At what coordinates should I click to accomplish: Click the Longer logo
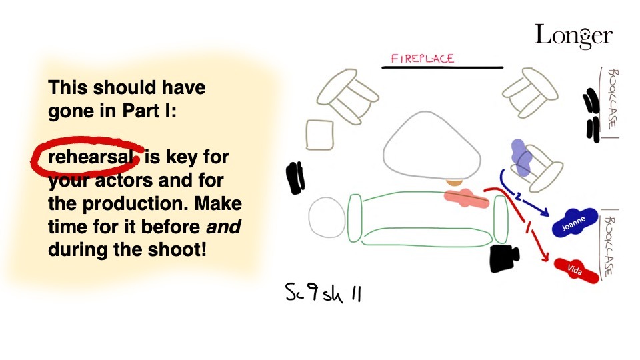coord(573,36)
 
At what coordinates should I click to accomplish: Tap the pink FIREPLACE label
coord(423,59)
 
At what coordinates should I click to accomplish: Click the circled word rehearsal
coord(90,157)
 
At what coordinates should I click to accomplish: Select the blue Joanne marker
coord(574,223)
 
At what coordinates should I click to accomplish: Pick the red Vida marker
coord(576,270)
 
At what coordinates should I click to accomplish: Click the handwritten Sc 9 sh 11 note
coord(323,292)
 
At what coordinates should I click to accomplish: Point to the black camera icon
coord(505,259)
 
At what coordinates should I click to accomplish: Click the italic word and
coord(223,227)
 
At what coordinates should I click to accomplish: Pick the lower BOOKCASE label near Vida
coord(609,246)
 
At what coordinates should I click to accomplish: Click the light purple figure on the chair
coord(521,158)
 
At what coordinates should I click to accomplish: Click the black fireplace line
coord(443,67)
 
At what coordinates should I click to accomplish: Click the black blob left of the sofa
coord(295,178)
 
